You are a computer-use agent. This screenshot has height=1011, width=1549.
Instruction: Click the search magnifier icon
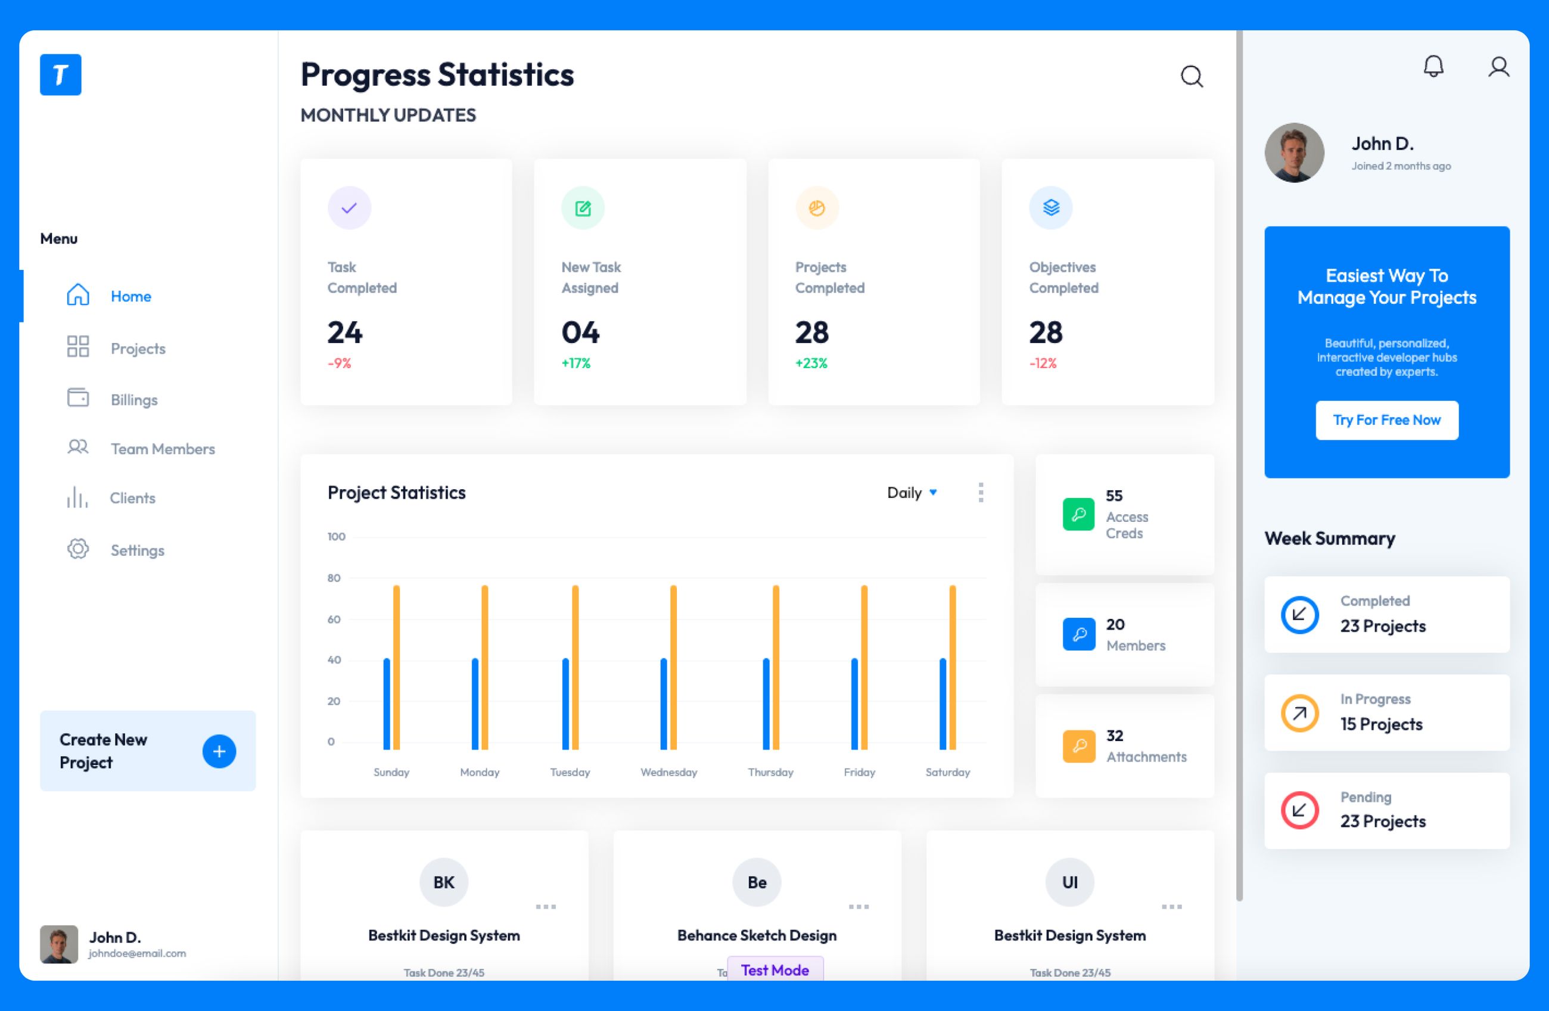[x=1192, y=76]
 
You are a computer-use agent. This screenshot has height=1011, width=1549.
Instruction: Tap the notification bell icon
[x=1433, y=66]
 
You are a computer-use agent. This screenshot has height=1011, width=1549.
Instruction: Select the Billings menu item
[x=133, y=400]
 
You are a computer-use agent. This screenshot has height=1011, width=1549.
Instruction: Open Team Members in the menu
[x=162, y=449]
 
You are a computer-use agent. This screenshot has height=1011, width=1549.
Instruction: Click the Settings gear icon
[x=78, y=549]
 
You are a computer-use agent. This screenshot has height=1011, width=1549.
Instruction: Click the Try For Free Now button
[x=1386, y=420]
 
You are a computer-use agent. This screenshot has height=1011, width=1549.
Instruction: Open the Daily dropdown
[x=912, y=493]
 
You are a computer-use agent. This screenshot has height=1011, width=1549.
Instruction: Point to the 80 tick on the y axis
[x=334, y=578]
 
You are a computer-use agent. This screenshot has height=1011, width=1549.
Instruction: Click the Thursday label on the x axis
[x=770, y=772]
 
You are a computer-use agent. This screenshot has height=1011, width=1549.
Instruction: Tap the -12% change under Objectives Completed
[x=1043, y=363]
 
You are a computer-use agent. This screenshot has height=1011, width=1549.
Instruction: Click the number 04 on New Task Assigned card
[x=580, y=332]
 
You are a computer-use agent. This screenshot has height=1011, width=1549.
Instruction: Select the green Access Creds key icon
[x=1078, y=514]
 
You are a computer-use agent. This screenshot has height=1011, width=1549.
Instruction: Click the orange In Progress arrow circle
[x=1299, y=713]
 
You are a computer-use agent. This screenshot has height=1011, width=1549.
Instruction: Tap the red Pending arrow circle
[x=1299, y=810]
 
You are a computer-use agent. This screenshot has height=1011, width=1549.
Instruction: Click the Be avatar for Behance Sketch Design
[x=756, y=882]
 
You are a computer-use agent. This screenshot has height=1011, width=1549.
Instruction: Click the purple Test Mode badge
[x=774, y=969]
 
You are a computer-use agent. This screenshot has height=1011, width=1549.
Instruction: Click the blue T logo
[x=61, y=75]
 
